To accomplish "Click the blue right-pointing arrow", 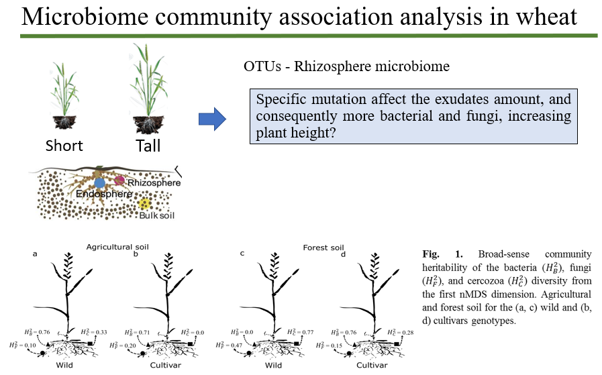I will [x=211, y=119].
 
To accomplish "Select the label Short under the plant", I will [x=64, y=146].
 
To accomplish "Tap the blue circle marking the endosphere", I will [x=100, y=182].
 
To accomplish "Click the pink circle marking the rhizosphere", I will [x=119, y=180].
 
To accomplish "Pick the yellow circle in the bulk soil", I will [x=143, y=204].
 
